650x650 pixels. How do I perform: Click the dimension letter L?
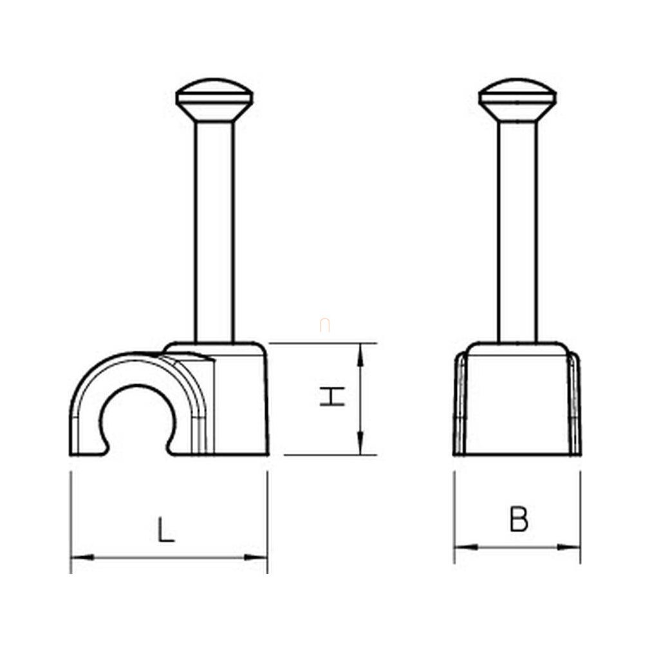click(x=166, y=528)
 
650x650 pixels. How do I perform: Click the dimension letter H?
click(x=333, y=396)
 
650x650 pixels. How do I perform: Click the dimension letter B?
click(x=519, y=519)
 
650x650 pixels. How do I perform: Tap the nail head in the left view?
click(x=214, y=100)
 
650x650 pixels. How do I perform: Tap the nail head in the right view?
click(x=518, y=100)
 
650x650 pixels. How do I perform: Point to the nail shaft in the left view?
click(x=214, y=232)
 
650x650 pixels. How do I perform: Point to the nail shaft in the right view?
click(x=518, y=232)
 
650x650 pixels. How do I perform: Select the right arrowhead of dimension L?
click(x=255, y=557)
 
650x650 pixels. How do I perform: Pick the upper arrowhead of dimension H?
click(x=360, y=355)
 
